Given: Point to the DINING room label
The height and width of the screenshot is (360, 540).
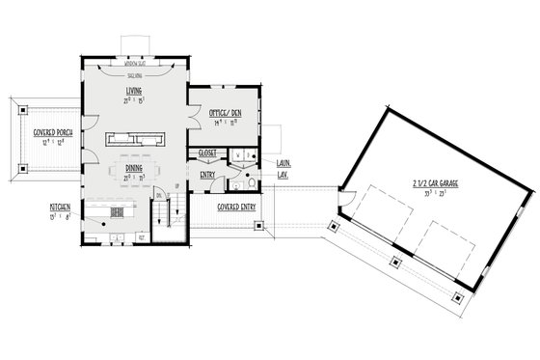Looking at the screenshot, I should pos(134,168).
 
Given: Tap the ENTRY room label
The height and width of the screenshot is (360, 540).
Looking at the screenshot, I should pos(207,175).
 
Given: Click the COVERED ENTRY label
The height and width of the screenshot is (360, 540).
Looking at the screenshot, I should pos(236,207).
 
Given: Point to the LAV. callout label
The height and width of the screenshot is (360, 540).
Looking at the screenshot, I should pos(283,175).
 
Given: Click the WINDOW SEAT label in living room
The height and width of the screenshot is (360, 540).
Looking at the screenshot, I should pos(134,74).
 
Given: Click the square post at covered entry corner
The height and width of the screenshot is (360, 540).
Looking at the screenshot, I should pos(257,228).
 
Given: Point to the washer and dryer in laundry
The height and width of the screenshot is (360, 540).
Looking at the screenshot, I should pos(243,154).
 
